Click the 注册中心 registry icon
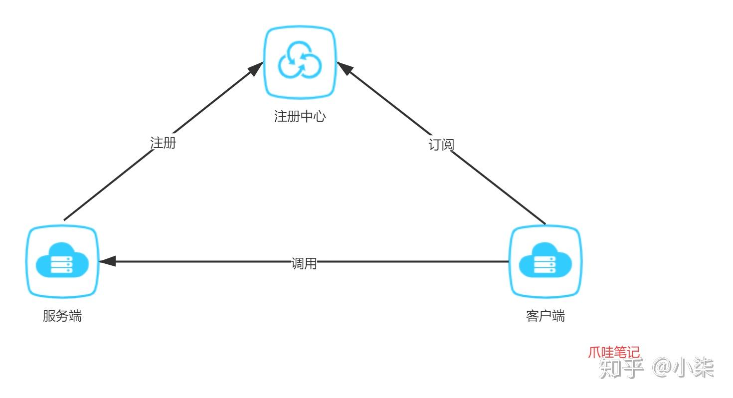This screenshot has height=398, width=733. (300, 62)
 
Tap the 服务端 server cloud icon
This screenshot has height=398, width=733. (62, 261)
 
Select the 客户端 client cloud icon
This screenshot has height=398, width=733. (545, 261)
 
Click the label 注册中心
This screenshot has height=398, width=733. (300, 117)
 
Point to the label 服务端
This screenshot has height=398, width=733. (62, 316)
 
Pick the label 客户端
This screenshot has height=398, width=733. (545, 316)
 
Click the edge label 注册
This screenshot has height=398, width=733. (163, 143)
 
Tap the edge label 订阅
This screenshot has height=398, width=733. (441, 145)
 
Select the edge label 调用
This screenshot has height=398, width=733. (304, 264)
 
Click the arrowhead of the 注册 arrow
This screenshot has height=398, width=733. (258, 67)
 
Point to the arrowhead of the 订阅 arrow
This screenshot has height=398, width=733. (343, 67)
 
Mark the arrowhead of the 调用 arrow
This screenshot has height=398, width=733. (106, 261)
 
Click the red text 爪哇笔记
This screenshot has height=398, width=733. (613, 352)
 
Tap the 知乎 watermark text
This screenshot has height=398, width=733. (621, 368)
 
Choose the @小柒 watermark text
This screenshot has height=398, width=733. (684, 368)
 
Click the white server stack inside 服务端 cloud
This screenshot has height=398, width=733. (62, 264)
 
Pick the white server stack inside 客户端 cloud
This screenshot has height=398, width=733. (545, 264)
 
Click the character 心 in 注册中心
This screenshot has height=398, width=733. (319, 117)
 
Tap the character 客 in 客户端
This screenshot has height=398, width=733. (532, 316)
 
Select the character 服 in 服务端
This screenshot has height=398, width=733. (49, 316)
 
